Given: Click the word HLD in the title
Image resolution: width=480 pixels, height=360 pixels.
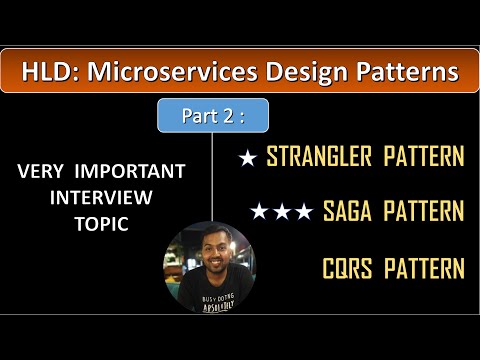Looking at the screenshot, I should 47,72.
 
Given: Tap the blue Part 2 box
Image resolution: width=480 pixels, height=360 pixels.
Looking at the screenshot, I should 212,116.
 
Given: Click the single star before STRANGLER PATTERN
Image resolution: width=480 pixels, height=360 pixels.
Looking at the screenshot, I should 247,157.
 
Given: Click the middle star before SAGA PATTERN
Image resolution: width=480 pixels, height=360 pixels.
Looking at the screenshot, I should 281,211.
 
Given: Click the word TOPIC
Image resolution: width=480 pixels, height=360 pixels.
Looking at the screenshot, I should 101,224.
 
